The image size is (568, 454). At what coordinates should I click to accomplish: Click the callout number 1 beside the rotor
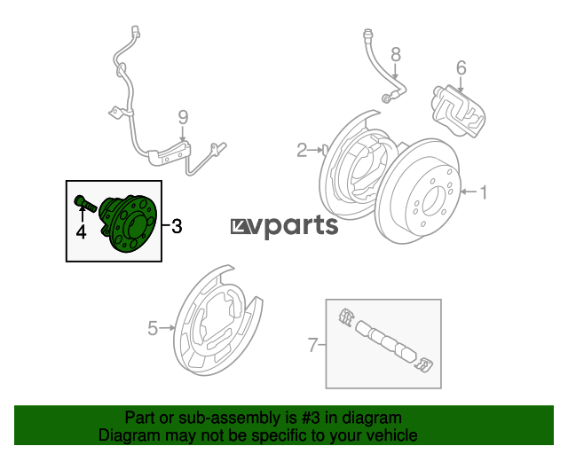pos(483,192)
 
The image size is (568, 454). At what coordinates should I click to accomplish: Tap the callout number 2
pos(302,150)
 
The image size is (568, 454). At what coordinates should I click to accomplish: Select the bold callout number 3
pos(177,226)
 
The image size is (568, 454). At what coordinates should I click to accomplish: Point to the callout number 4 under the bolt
pos(81,232)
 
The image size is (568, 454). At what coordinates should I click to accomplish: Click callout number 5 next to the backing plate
pos(153,328)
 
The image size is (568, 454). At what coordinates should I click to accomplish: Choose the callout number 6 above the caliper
pos(461,67)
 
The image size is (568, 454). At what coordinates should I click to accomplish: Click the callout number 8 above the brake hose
pos(396,54)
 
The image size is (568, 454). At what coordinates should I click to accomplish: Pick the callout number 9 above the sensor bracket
pos(184,117)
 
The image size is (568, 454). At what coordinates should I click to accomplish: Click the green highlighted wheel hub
pos(129,223)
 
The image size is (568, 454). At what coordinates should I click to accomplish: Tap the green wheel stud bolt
pos(85,203)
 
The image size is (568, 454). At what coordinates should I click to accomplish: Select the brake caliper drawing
pos(458,111)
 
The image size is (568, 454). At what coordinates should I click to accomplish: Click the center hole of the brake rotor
pos(432,200)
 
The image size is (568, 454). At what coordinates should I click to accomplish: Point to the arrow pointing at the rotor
pos(469,192)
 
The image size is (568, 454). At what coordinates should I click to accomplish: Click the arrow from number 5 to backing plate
pos(167,328)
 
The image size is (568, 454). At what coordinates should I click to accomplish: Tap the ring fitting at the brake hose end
pos(387,98)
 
